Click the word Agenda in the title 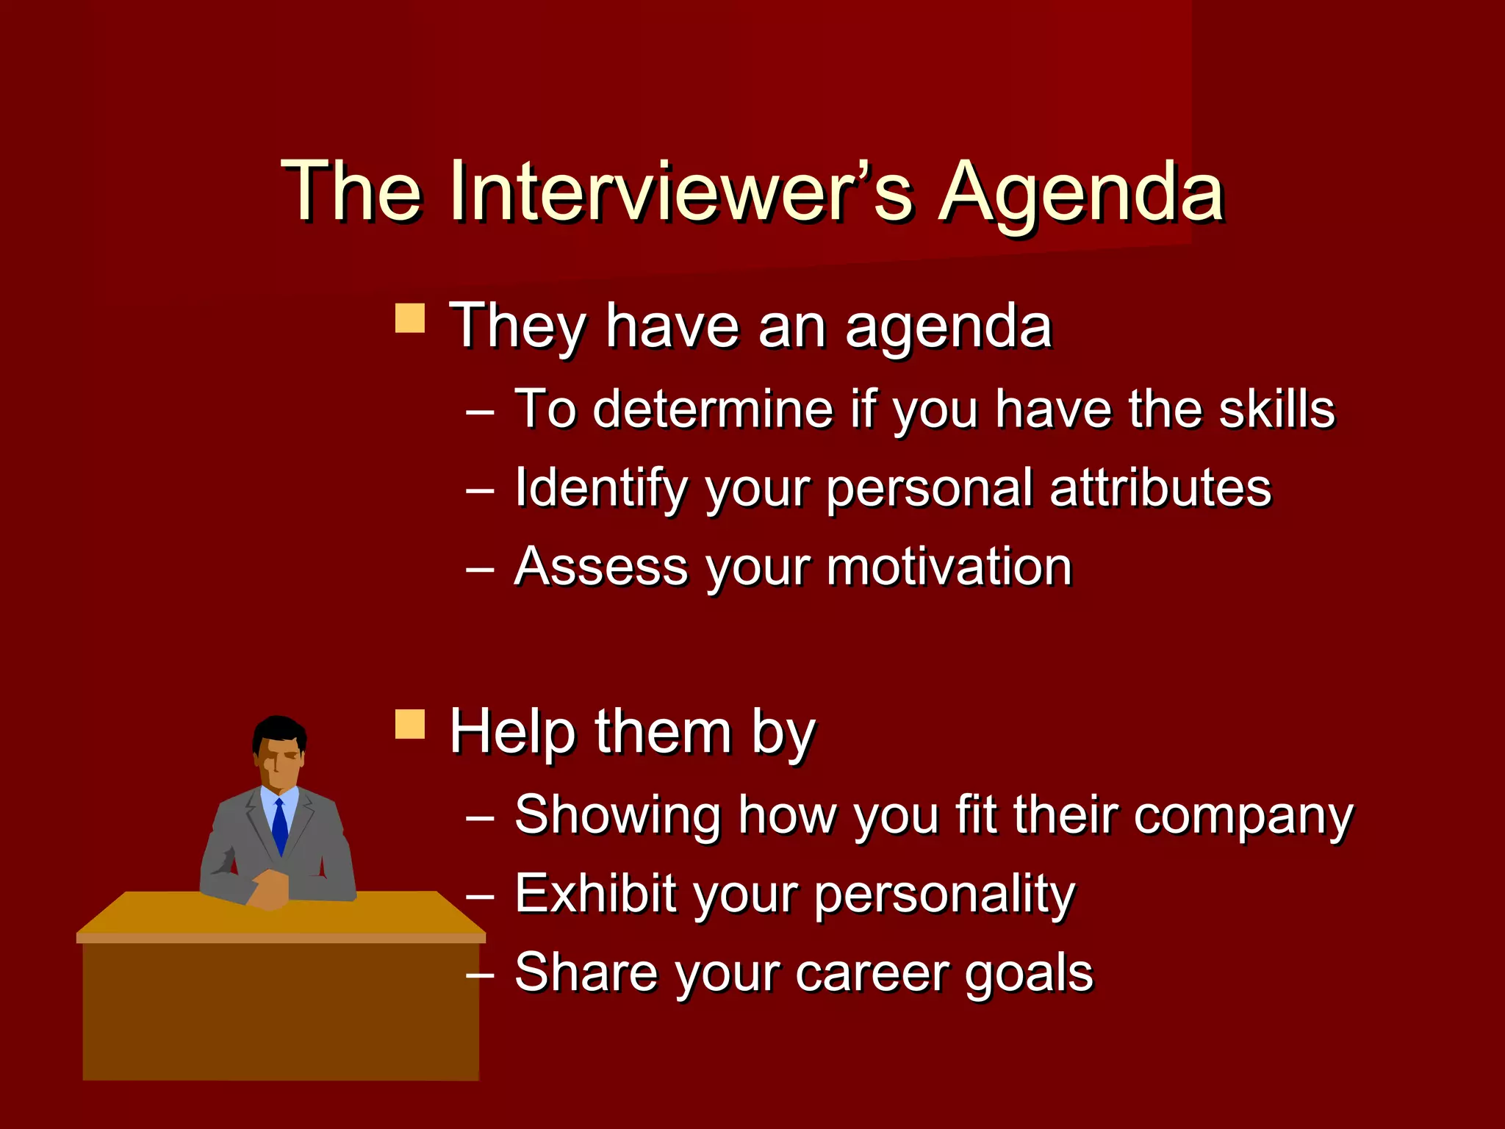tap(1082, 193)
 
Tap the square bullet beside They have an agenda tap(410, 319)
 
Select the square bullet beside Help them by tap(410, 724)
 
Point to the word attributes tap(1160, 487)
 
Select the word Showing tap(617, 816)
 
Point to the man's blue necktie tap(280, 827)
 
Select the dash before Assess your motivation tap(480, 570)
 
